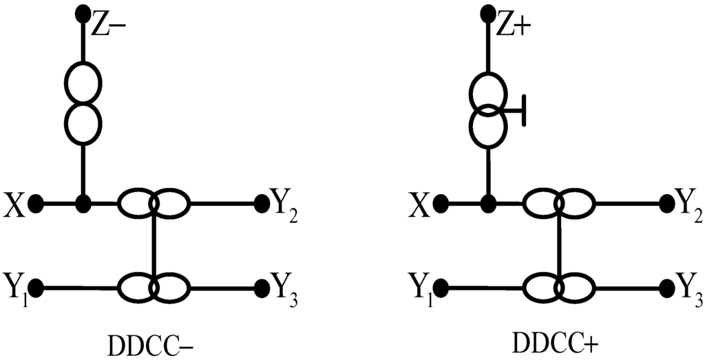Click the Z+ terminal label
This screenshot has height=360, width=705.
pyautogui.click(x=514, y=26)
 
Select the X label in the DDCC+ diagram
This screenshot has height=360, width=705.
pyautogui.click(x=421, y=205)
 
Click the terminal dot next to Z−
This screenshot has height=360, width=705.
pyautogui.click(x=83, y=12)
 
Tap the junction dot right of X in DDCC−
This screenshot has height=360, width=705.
pyautogui.click(x=83, y=204)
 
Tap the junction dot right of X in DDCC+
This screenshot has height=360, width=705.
pyautogui.click(x=489, y=204)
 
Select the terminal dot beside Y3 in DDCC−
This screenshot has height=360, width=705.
pyautogui.click(x=262, y=286)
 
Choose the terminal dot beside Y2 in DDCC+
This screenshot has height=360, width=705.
pyautogui.click(x=666, y=203)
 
